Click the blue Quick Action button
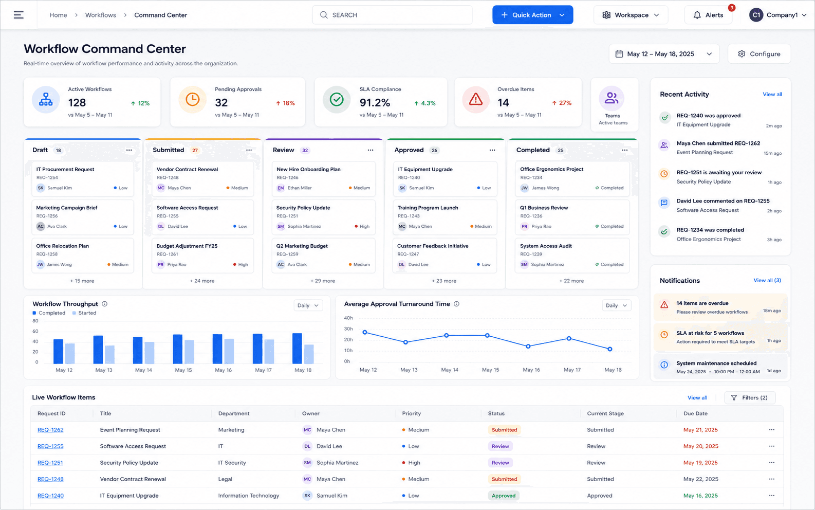tap(533, 15)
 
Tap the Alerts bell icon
tap(697, 15)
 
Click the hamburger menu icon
tap(18, 15)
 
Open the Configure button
tap(759, 54)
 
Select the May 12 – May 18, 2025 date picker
tap(664, 54)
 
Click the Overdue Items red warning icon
tap(475, 99)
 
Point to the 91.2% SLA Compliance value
tap(375, 103)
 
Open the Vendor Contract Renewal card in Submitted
tap(202, 179)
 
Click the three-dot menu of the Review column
tap(371, 150)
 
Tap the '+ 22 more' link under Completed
tap(571, 281)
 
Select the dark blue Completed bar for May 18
tap(297, 349)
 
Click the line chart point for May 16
tap(528, 346)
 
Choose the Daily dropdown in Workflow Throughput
tap(308, 305)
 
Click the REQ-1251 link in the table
tap(50, 463)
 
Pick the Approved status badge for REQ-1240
tap(504, 496)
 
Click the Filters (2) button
tap(750, 397)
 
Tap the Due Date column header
tap(695, 413)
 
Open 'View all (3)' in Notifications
tap(767, 280)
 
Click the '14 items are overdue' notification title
tap(702, 303)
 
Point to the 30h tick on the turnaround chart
tap(348, 329)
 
